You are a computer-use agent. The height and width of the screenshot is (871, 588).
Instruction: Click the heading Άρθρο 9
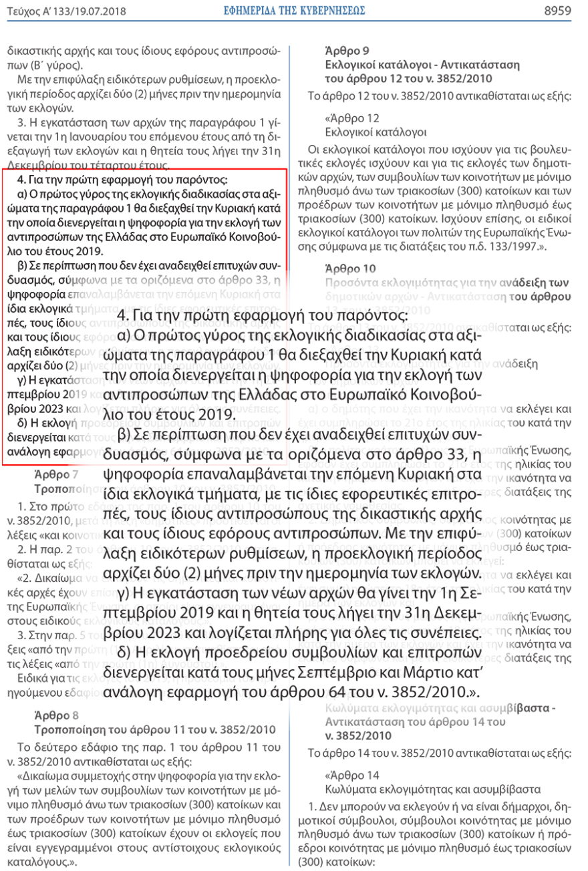tap(344, 51)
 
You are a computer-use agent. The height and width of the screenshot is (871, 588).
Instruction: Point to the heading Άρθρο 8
tap(54, 713)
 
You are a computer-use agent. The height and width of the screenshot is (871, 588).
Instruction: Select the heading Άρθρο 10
tap(346, 269)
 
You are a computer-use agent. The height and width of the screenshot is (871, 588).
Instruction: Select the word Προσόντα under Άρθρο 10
tap(348, 283)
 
